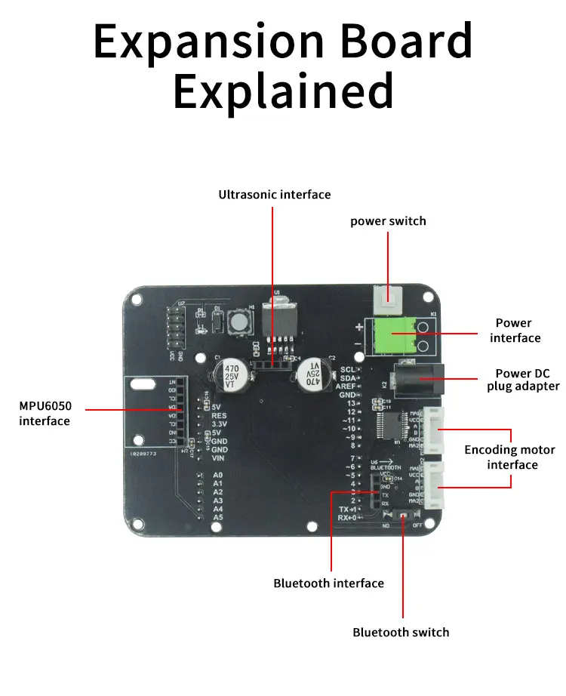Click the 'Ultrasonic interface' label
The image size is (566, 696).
pyautogui.click(x=275, y=195)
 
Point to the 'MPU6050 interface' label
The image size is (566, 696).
pyautogui.click(x=45, y=413)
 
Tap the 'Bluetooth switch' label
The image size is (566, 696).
pyautogui.click(x=401, y=632)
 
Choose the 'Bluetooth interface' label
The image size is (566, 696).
pyautogui.click(x=328, y=583)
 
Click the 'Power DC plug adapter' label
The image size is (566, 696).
pyautogui.click(x=528, y=380)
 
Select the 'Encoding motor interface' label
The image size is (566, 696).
pyautogui.click(x=509, y=457)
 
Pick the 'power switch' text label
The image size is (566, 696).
pyautogui.click(x=388, y=221)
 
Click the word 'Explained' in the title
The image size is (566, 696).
pyautogui.click(x=283, y=91)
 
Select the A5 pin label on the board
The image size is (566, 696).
pyautogui.click(x=218, y=517)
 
